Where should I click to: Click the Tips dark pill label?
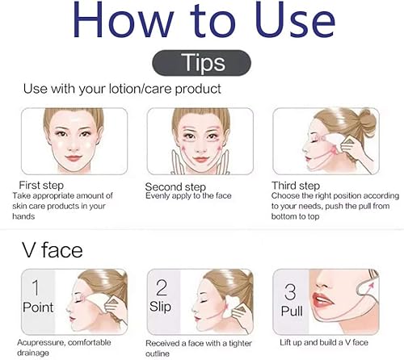[201, 63]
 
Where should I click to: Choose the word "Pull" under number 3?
[291, 310]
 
